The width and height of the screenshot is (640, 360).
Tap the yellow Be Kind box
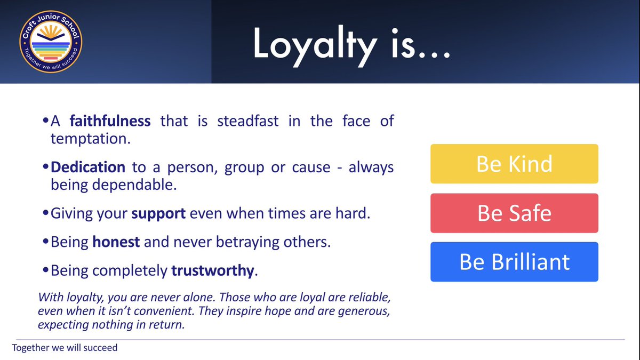click(x=514, y=164)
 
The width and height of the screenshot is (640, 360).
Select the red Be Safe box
click(x=514, y=213)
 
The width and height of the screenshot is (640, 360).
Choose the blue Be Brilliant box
click(x=514, y=262)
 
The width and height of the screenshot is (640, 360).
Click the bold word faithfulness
click(x=110, y=121)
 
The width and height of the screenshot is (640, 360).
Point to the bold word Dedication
click(x=88, y=167)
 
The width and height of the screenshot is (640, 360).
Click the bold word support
click(x=158, y=213)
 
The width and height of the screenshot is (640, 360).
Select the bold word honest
click(x=116, y=242)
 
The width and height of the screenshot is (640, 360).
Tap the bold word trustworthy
click(x=212, y=270)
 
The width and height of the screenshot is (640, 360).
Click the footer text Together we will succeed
click(x=65, y=348)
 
